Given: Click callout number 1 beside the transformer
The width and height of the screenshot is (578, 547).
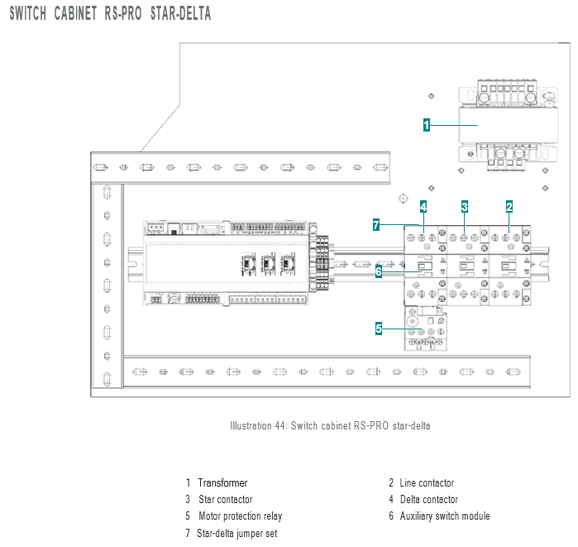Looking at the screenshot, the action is (x=427, y=125).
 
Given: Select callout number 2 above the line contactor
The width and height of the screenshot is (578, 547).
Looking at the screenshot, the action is (x=509, y=207).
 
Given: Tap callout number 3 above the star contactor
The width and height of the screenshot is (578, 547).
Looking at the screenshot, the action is (x=465, y=207).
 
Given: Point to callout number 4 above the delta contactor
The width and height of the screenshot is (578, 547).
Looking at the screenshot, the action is (x=423, y=207).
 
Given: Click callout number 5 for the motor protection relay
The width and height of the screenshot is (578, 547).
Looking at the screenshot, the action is (x=379, y=328).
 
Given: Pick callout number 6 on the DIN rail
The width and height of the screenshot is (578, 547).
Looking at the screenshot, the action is (x=379, y=271).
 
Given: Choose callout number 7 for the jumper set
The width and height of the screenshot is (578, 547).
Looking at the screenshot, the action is (x=376, y=224).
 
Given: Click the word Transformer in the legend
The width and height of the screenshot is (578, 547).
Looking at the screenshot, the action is (x=222, y=482).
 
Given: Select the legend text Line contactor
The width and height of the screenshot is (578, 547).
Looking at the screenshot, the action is (x=427, y=482).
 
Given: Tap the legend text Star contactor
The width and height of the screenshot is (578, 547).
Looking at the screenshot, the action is (x=226, y=499).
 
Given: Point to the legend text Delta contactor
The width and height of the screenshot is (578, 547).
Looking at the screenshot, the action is (x=429, y=499).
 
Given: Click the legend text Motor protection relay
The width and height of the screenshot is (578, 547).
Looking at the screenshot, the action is (x=241, y=516).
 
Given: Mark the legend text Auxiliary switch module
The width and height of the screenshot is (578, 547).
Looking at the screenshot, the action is (x=445, y=516).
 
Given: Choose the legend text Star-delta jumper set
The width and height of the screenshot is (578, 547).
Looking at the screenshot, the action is (x=237, y=533).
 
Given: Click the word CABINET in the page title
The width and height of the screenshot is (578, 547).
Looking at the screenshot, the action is (x=75, y=13).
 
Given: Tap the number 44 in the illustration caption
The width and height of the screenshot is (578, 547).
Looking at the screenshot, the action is (x=279, y=425).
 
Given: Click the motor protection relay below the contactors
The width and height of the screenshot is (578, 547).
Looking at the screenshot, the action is (x=426, y=328).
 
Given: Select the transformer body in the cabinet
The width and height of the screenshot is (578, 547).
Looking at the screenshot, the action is (x=508, y=126).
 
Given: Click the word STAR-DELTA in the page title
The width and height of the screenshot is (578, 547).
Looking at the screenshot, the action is (x=180, y=13).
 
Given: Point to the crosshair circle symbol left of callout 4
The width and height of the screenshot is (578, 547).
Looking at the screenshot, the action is (x=404, y=199).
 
